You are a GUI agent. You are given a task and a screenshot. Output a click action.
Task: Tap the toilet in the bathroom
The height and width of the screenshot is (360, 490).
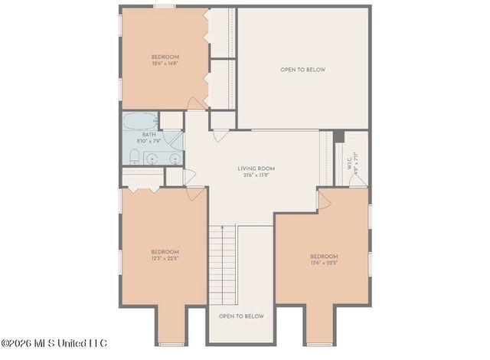pyautogui.click(x=134, y=158)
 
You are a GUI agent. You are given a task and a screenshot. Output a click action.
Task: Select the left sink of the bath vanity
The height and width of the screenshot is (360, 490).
pyautogui.click(x=152, y=159)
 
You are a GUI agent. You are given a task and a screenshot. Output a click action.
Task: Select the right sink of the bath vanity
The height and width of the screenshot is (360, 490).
pyautogui.click(x=175, y=159)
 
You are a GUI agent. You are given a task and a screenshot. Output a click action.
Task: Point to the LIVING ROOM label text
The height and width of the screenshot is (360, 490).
pyautogui.click(x=256, y=169)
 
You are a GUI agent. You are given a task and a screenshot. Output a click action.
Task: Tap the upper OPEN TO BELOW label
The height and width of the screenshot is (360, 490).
pyautogui.click(x=302, y=70)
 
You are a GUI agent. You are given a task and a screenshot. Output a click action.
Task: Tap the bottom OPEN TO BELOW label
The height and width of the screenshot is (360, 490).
pyautogui.click(x=241, y=316)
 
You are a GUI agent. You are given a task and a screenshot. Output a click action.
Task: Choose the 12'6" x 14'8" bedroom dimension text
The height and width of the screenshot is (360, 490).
pyautogui.click(x=165, y=64)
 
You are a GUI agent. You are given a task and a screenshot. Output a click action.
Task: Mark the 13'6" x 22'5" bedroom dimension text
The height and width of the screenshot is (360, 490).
pyautogui.click(x=324, y=263)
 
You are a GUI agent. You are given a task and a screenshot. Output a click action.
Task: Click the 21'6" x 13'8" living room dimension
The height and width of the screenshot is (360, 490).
pyautogui.click(x=256, y=175)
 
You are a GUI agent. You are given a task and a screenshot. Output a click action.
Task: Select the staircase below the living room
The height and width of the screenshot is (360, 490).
pyautogui.click(x=222, y=264)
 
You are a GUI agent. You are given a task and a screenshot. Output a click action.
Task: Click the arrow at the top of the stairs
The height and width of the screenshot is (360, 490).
pyautogui.click(x=222, y=227)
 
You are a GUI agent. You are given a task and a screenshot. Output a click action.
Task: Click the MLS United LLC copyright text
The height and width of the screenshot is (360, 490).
pyautogui.click(x=54, y=342)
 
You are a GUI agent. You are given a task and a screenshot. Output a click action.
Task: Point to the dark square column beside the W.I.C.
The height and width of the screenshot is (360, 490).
pyautogui.click(x=339, y=136)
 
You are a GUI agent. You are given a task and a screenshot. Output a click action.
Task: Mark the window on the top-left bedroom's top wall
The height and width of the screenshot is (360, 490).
pyautogui.click(x=164, y=6)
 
